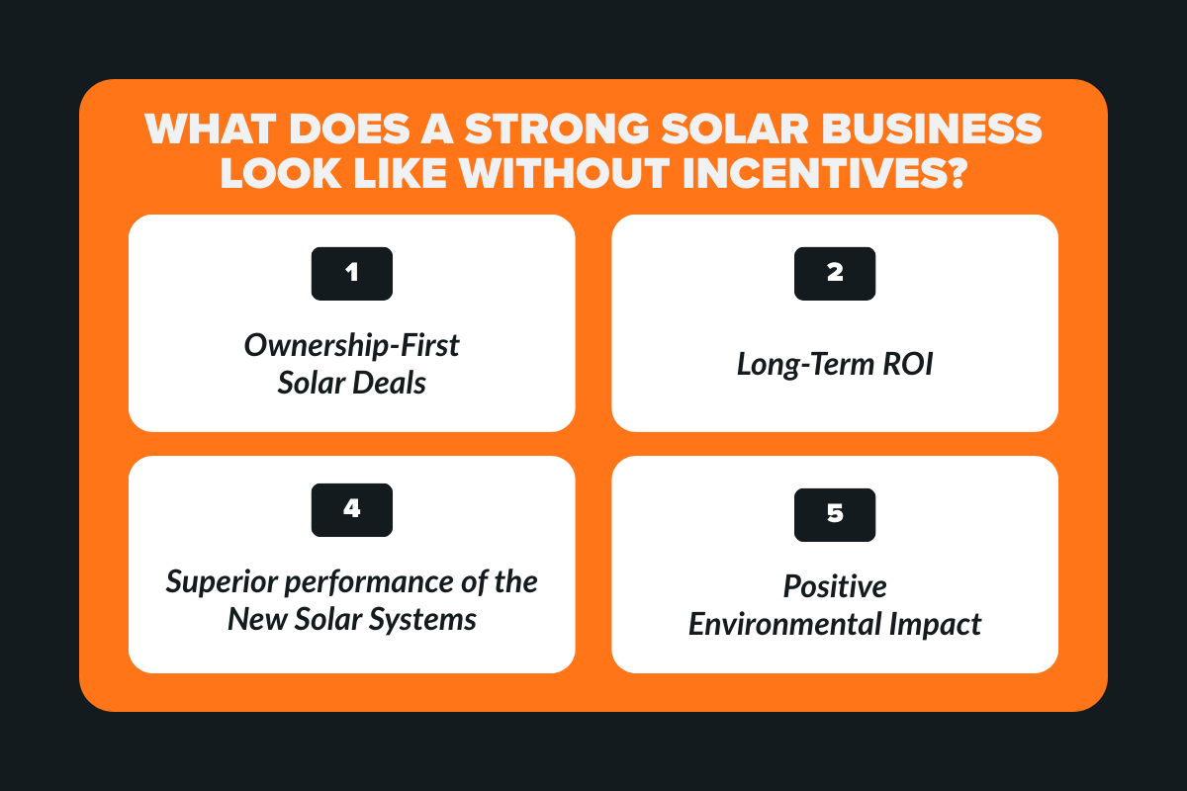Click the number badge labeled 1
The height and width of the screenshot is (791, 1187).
pos(352,274)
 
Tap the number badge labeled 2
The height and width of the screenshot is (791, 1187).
pos(835,274)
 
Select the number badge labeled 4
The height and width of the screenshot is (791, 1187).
pos(352,509)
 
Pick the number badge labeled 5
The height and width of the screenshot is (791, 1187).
pos(835,515)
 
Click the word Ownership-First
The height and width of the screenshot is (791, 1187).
pos(352,347)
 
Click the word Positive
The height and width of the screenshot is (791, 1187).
pos(835,586)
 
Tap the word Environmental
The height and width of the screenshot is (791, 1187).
pos(790,625)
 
